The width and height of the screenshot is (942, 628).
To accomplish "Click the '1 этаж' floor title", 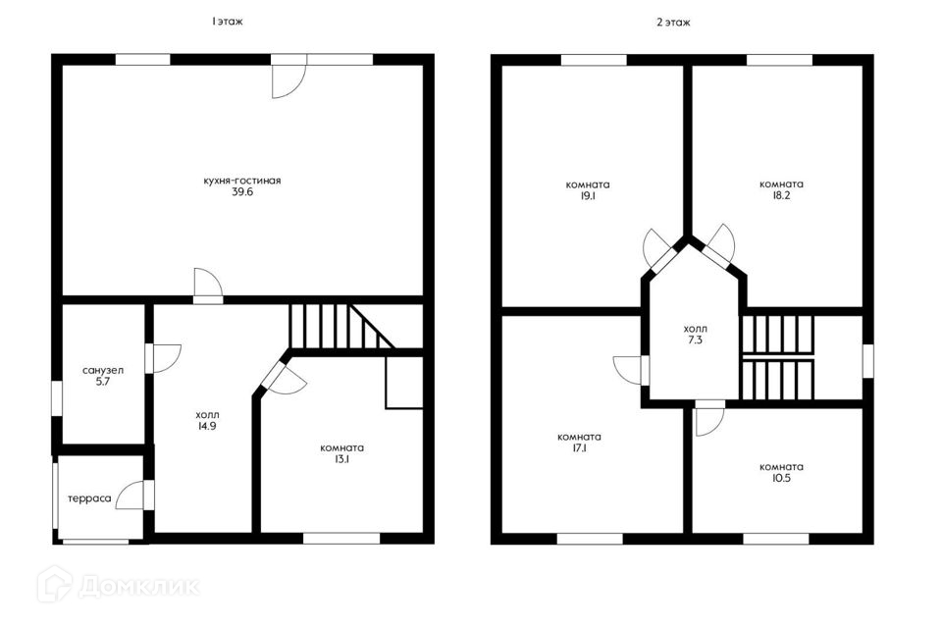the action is coord(227,22).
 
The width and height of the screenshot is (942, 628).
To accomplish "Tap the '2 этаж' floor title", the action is coord(673,23).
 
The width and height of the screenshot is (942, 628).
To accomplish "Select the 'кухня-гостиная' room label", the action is coord(242,181).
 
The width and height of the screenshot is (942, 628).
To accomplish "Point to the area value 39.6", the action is coord(242,192).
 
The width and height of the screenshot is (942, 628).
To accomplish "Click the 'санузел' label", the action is coord(103,370).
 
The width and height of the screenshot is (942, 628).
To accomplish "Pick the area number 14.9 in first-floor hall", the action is coord(207,427).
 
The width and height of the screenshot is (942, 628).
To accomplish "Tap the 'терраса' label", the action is coord(89,498).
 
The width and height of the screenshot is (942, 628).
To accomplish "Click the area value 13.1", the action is coord(341,460).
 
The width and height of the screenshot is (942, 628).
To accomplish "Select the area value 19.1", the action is coord(588,196).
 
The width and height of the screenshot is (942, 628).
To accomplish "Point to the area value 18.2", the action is coord(781,196).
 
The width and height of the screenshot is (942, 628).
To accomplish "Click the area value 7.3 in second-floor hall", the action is coord(695,340).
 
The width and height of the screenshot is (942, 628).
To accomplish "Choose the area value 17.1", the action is coord(579,448).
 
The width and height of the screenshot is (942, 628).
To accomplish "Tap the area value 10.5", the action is coord(781,479).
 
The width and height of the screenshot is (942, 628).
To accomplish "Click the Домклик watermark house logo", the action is coord(55,584).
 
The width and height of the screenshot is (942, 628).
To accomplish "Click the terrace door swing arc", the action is coord(130,496).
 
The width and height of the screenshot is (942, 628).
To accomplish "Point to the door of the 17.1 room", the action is coord(628,370).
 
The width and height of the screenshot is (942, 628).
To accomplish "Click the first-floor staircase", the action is coord(341,327).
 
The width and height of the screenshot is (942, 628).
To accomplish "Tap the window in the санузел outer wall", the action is coord(57,397).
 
